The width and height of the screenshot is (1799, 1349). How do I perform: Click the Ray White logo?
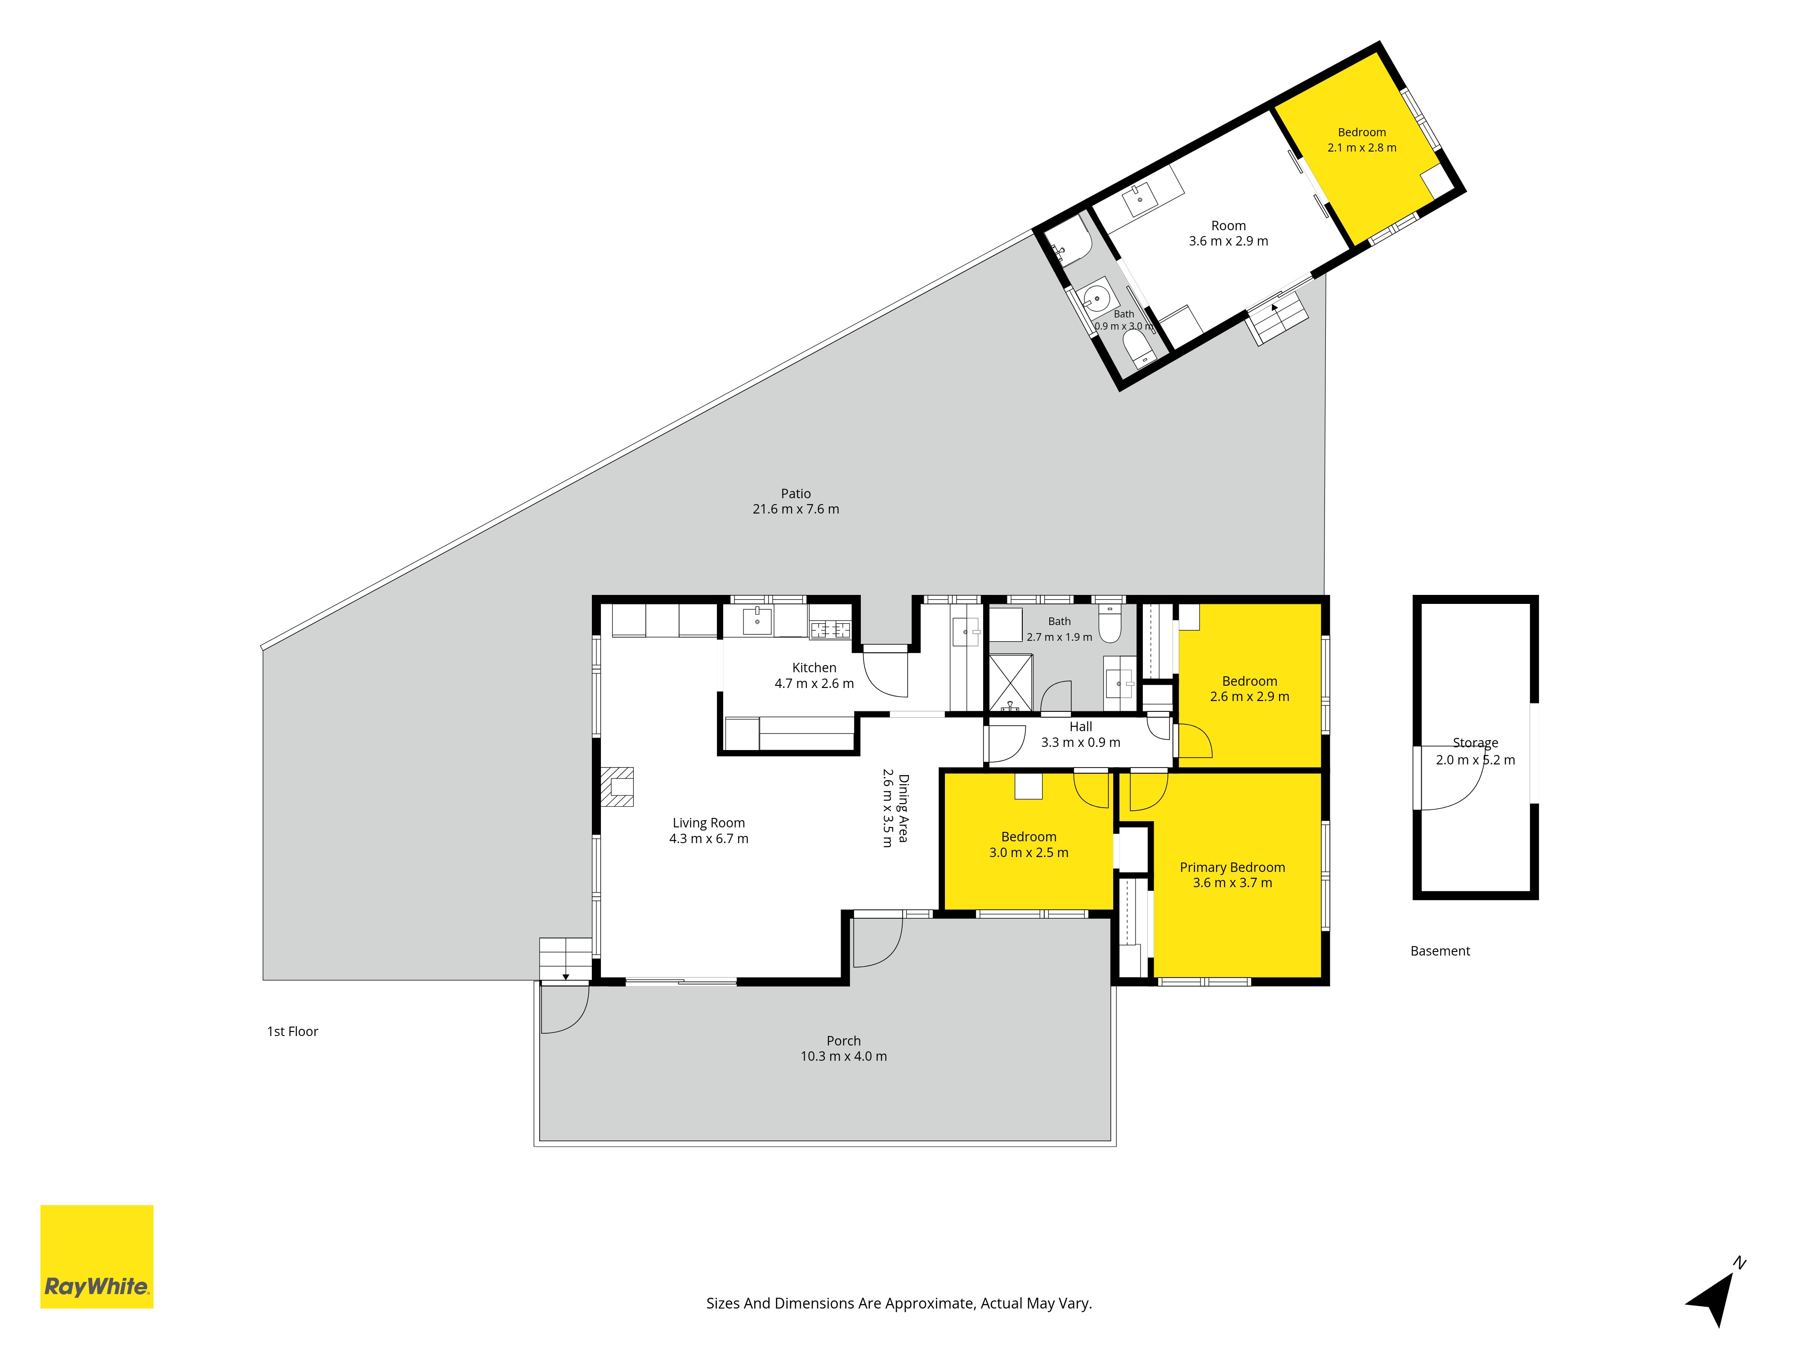coord(97,1256)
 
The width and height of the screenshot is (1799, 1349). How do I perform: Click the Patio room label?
coord(796,494)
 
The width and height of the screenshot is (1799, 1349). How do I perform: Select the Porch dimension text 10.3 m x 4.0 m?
coord(843,1056)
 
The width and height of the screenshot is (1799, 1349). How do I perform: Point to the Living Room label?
coord(708,823)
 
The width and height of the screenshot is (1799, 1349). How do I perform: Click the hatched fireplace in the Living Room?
coord(618,786)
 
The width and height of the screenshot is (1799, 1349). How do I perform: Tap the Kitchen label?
coord(814,668)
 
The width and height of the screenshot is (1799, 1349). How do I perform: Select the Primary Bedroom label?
coord(1232,867)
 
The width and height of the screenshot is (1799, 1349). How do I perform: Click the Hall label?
coord(1081,727)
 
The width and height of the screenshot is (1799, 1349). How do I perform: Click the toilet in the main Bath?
coord(1110,623)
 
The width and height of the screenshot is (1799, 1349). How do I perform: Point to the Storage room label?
coord(1475,742)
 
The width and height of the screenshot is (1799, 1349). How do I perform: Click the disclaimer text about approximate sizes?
coord(899,1304)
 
